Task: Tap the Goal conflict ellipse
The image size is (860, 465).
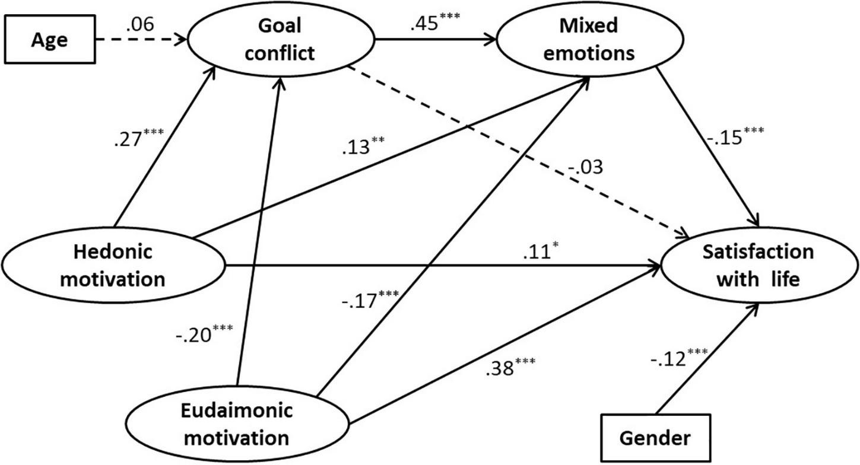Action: pyautogui.click(x=281, y=40)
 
